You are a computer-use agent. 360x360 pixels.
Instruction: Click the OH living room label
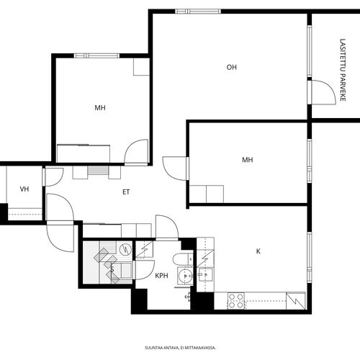[232, 67]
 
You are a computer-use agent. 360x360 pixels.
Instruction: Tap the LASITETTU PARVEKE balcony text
[343, 70]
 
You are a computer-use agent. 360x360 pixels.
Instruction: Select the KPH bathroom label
[161, 276]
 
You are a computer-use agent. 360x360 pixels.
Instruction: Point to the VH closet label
[24, 189]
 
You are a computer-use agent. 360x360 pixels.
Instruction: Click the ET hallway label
[126, 192]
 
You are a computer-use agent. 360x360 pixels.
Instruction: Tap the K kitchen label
[258, 251]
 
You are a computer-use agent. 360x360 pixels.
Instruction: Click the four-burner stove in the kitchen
[236, 301]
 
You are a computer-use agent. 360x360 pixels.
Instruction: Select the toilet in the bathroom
[183, 259]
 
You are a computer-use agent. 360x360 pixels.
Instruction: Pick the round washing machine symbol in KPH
[185, 276]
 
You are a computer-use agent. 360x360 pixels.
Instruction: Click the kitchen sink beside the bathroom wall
[206, 275]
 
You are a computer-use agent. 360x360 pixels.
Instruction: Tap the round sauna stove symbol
[125, 250]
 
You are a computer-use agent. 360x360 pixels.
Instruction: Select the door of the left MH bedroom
[136, 152]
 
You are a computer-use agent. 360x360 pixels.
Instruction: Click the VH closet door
[53, 177]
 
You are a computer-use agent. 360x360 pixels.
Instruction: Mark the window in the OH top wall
[198, 12]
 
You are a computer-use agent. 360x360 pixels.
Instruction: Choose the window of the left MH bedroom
[96, 55]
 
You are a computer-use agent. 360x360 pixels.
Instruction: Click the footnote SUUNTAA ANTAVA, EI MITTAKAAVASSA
[180, 348]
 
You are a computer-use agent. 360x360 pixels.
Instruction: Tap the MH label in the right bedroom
[248, 160]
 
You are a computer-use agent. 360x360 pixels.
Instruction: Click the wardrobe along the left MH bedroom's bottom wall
[84, 153]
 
